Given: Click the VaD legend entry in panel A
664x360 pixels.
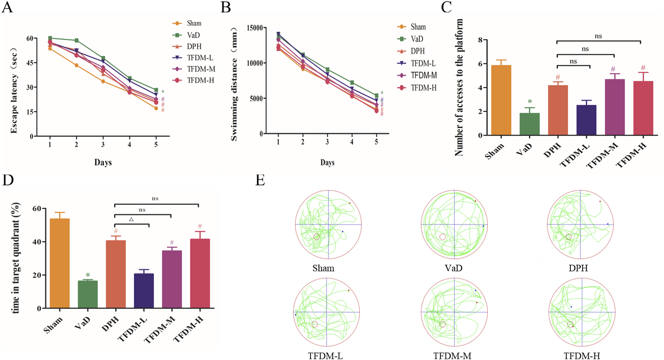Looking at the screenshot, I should click(193, 35).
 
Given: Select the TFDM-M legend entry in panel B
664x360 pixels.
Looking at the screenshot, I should click(423, 75).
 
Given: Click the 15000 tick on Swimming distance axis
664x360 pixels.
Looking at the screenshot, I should click(254, 28).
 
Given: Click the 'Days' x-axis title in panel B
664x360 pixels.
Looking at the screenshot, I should click(327, 162).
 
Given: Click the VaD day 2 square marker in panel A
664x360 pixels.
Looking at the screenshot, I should click(76, 40).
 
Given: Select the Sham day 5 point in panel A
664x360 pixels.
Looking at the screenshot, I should click(156, 108).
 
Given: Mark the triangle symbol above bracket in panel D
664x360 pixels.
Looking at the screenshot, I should click(131, 219).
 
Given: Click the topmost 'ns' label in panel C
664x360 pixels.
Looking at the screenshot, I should click(598, 36).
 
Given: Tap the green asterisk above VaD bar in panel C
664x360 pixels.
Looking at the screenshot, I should click(530, 102).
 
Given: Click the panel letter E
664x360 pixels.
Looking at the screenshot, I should click(260, 180).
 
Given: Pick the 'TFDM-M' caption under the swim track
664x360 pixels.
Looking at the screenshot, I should click(452, 355).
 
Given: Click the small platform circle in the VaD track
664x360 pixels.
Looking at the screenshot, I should click(443, 237).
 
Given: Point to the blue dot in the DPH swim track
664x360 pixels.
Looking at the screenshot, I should click(608, 224).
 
